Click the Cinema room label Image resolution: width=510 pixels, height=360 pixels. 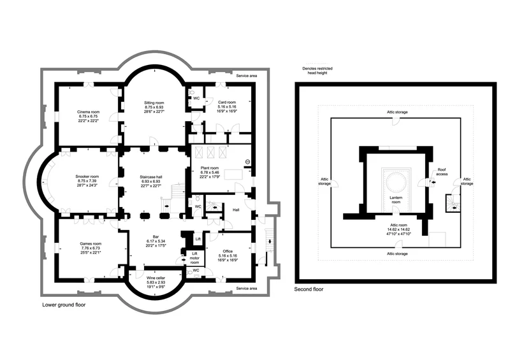coord(88,112)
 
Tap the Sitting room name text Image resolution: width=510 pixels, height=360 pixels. coord(154,103)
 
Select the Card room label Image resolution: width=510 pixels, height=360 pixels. coord(227,103)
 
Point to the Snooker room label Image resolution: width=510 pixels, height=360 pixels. coord(87,176)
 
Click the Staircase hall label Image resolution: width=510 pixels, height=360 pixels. coord(150,177)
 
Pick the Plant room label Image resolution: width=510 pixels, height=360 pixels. coord(210,168)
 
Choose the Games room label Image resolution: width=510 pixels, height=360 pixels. coord(91,243)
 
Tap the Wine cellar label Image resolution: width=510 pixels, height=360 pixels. coord(156,278)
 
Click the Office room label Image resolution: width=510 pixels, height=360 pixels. coord(228,252)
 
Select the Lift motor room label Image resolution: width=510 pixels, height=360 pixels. coord(194,258)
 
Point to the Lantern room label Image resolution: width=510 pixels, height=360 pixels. coord(396,199)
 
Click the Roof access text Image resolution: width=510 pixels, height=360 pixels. coord(442,171)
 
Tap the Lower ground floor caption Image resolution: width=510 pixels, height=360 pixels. coord(64,305)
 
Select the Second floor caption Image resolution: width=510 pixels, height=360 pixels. coord(309,289)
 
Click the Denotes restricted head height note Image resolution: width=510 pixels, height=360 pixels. coord(317,71)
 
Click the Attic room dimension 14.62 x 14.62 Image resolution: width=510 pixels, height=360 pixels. coord(398,229)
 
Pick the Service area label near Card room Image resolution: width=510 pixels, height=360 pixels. coord(247,76)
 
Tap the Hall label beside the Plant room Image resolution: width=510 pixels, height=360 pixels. coord(236,210)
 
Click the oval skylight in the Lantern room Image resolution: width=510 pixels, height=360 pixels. coord(395,182)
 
